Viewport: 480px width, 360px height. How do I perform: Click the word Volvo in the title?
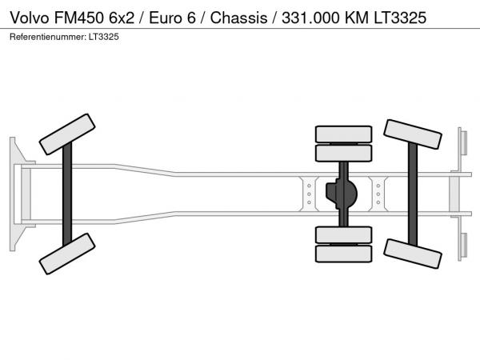coord(30,18)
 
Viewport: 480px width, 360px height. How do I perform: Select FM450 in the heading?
coord(79,18)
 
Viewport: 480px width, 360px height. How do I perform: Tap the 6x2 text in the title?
coord(122,18)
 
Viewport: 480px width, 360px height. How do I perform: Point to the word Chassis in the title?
coord(238,18)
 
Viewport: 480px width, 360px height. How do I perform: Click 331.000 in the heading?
coord(310,18)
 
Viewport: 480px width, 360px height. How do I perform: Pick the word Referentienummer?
coord(48,37)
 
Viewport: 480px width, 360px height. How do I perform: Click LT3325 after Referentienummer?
coord(104,37)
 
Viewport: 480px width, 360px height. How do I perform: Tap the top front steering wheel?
coord(67,134)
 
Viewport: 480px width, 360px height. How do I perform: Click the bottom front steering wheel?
coord(67,254)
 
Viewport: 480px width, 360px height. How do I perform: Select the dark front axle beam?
coord(67,194)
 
